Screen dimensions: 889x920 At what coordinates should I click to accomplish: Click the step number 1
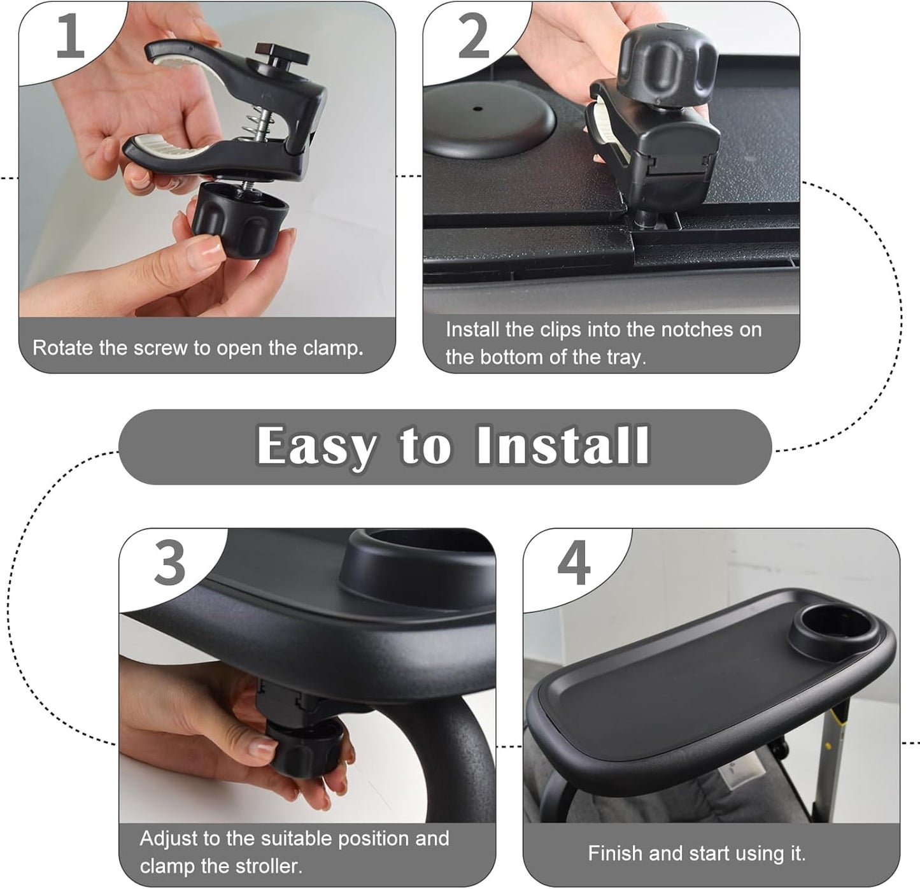[70, 37]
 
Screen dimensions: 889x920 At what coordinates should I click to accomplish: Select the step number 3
[170, 563]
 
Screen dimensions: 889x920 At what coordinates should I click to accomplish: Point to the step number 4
[574, 563]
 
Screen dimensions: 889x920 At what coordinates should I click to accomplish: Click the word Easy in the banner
[316, 446]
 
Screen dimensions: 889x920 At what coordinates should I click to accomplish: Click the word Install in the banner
[563, 445]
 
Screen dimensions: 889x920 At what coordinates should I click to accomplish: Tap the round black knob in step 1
[239, 217]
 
